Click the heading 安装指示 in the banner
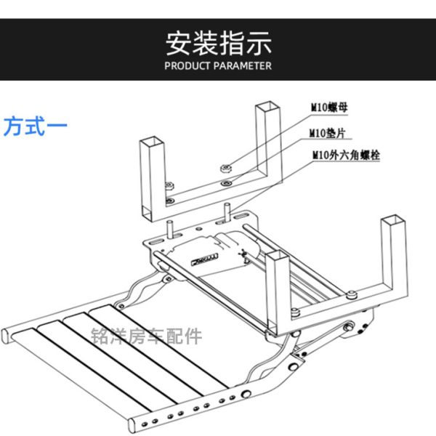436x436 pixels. pyautogui.click(x=218, y=43)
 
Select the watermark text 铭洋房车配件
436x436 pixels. pyautogui.click(x=148, y=336)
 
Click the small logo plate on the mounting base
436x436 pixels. pyautogui.click(x=205, y=256)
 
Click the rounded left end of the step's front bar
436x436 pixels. pyautogui.click(x=6, y=335)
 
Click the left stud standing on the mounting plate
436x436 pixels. pyautogui.click(x=170, y=226)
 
